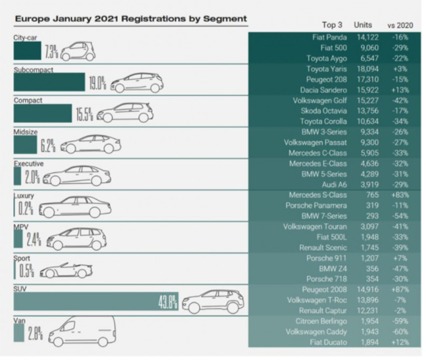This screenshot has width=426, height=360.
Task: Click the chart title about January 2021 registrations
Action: point(130,19)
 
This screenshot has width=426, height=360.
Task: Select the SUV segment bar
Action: point(91,302)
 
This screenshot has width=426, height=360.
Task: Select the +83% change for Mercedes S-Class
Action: point(397,194)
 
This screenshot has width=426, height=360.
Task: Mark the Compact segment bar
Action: point(43,113)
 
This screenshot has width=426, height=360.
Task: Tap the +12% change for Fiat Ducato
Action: point(397,342)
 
